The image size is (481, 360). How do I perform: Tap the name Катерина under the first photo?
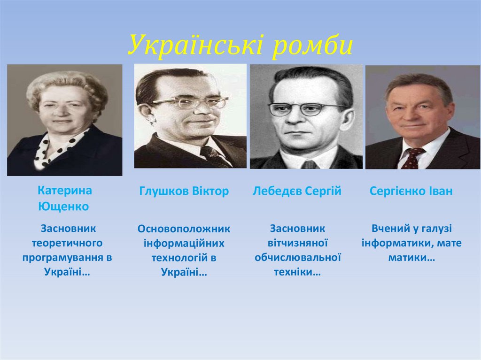point(65,191)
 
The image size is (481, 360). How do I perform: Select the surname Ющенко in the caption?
point(63,207)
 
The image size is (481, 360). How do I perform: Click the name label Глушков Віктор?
point(184,191)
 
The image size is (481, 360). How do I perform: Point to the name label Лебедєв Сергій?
point(297,191)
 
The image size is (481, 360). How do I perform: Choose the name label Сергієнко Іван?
point(411,191)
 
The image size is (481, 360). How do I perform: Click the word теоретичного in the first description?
point(67,243)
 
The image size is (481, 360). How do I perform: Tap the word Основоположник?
point(184,229)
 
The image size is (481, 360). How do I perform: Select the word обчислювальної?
point(297,258)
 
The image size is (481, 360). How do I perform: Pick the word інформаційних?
point(184,244)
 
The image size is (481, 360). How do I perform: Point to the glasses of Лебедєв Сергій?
point(307,109)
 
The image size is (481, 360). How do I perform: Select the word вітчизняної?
point(297,243)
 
